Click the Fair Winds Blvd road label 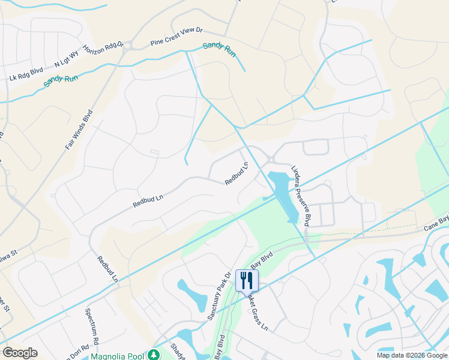coord(79,130)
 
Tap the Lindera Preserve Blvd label coord(301,196)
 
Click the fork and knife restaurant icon coord(247,280)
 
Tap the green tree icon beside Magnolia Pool coord(154,355)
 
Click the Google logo coord(20,353)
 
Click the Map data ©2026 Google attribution coord(412,355)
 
